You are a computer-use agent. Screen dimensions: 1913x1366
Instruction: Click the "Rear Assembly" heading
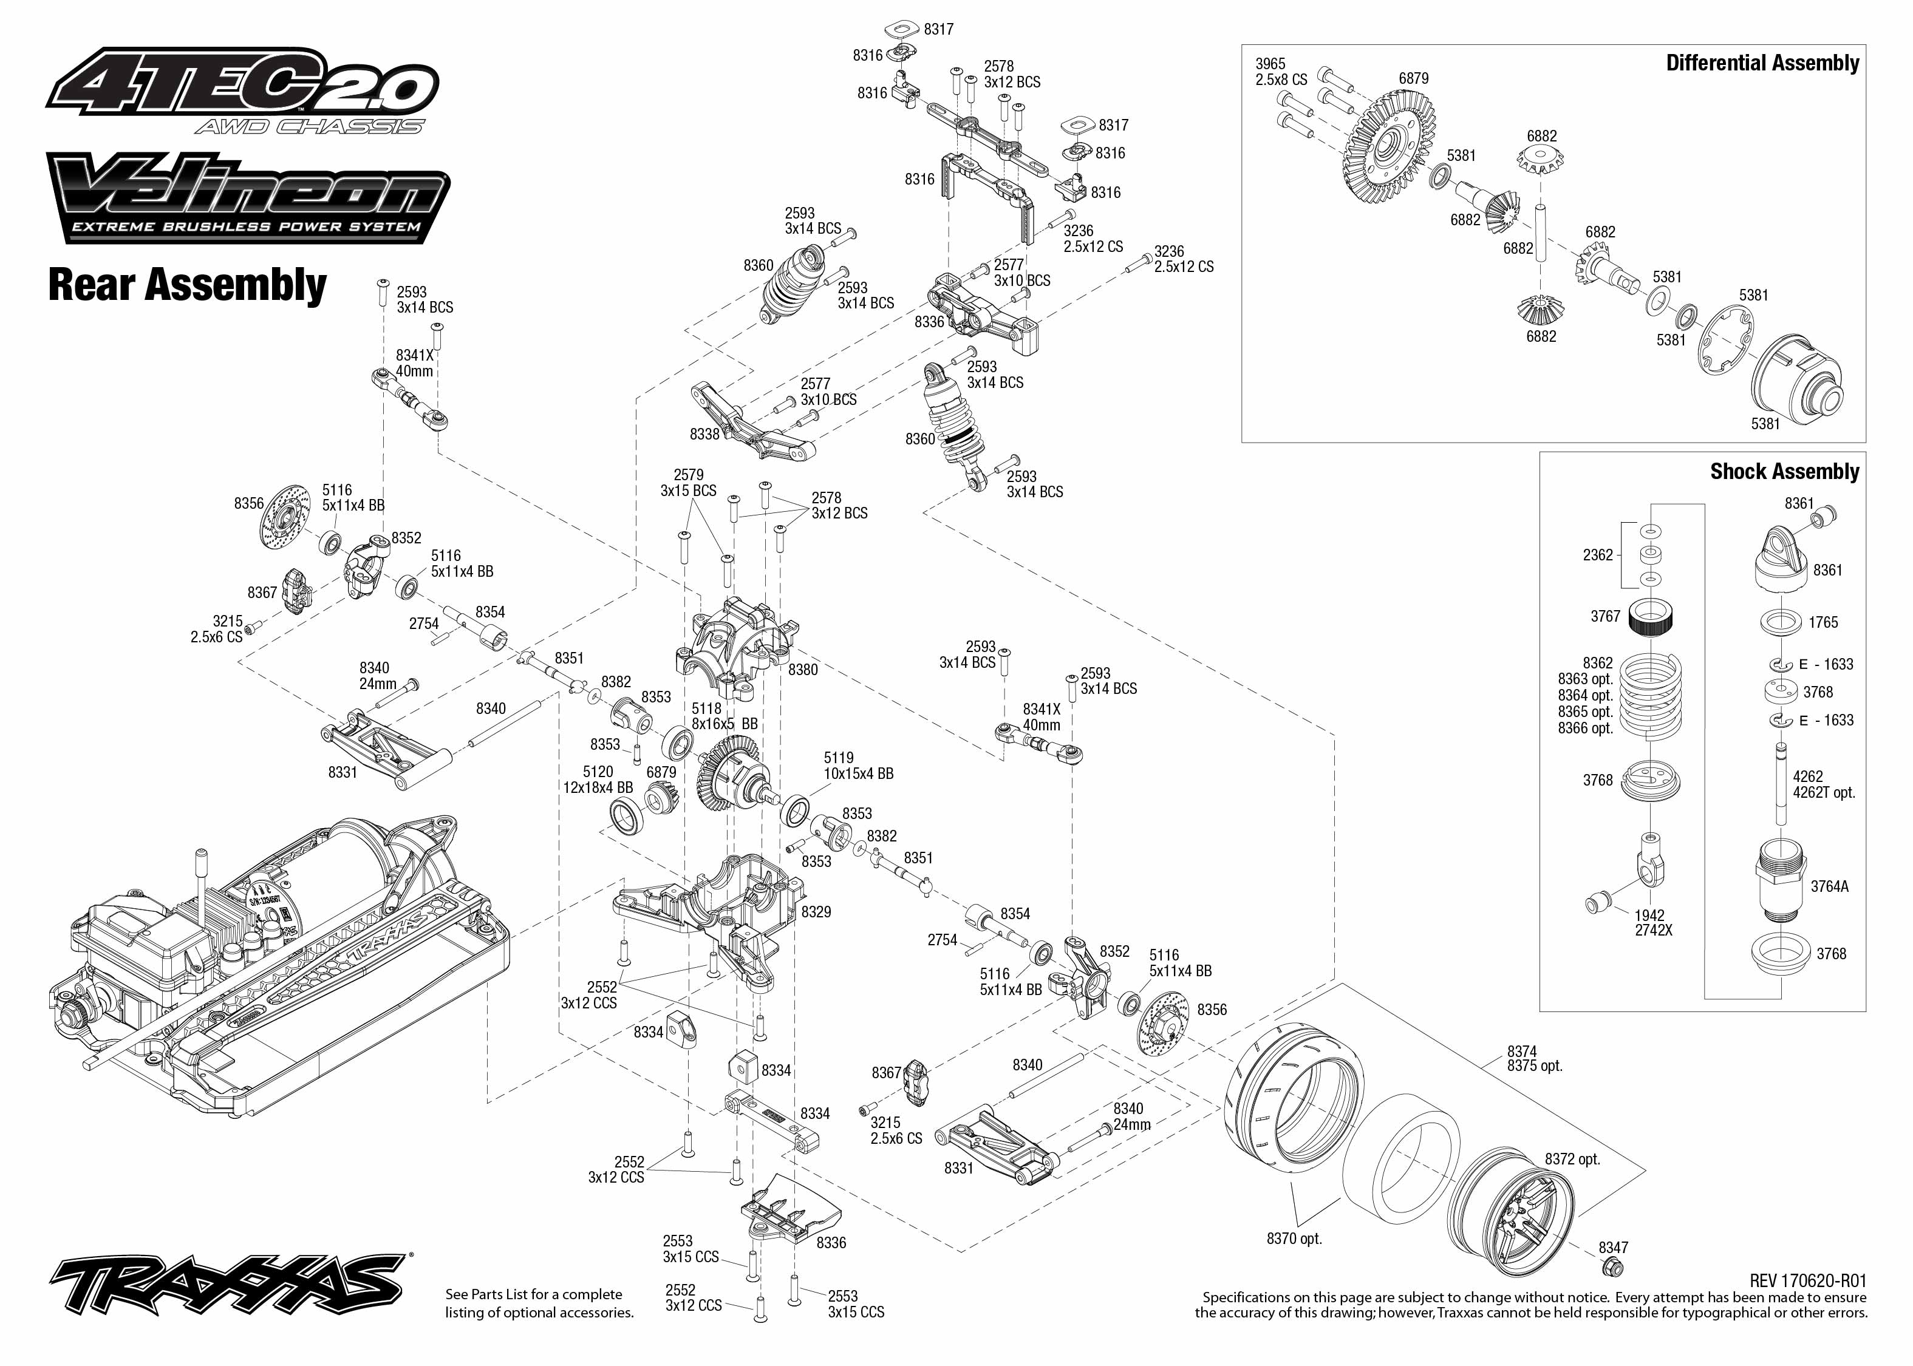pos(187,285)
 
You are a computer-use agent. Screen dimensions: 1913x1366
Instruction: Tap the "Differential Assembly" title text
pos(1762,63)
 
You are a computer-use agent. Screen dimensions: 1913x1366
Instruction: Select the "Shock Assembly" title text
pos(1784,472)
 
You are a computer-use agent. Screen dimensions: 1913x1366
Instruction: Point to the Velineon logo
pos(248,199)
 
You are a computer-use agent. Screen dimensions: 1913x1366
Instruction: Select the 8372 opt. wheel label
pos(1572,1159)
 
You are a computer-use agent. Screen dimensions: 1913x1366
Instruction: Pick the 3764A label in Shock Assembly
pos(1830,886)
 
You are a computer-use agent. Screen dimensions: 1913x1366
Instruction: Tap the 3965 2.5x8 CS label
pos(1281,72)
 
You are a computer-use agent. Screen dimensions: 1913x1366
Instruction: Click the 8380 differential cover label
pos(803,670)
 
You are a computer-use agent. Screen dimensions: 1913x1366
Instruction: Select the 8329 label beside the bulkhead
pos(816,912)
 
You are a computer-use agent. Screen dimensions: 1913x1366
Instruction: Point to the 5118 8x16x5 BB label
pos(725,716)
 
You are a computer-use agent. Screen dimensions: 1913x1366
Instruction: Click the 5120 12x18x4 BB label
pos(598,780)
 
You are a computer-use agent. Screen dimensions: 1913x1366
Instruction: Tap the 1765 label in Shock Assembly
pos(1823,622)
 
